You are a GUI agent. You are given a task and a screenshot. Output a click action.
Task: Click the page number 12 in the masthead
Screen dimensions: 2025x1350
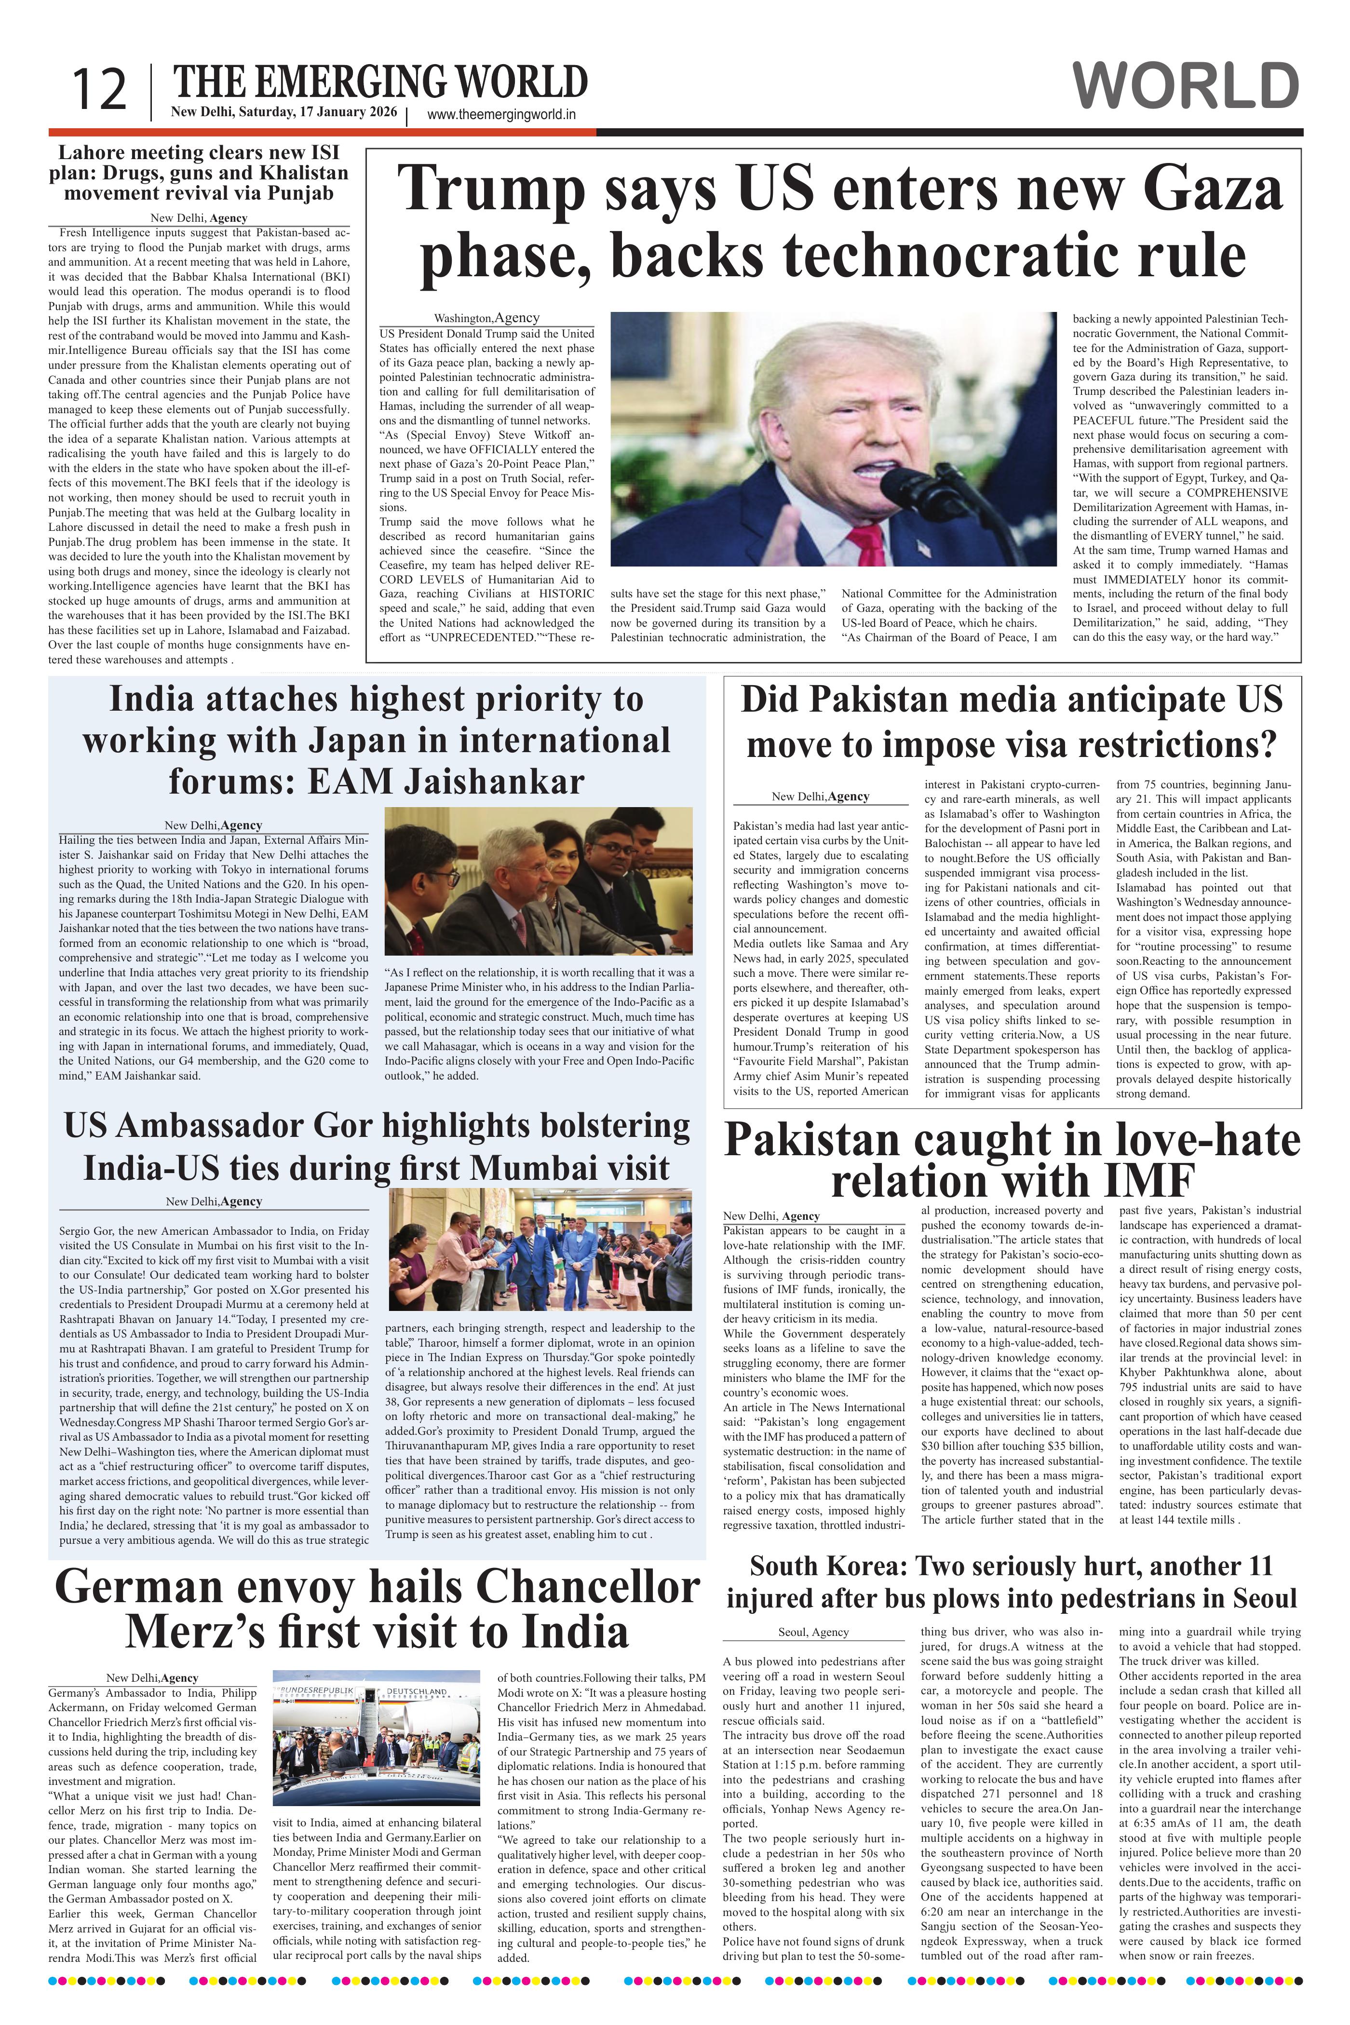point(99,90)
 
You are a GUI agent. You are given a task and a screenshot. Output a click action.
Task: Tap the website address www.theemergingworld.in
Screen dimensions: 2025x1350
point(501,115)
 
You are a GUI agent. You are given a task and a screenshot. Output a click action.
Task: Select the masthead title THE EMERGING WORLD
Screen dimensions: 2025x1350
point(380,84)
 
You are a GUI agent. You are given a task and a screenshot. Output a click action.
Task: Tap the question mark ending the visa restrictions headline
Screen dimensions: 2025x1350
point(1266,745)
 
